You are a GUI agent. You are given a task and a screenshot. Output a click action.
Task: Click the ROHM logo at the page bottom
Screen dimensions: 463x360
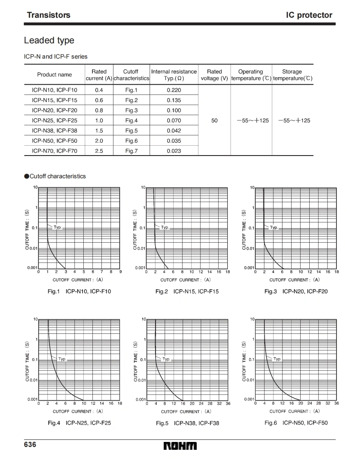[x=180, y=446]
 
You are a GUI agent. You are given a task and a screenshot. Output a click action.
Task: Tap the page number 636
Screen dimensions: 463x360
[x=30, y=444]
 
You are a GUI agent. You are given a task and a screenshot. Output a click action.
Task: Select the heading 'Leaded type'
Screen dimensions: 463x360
[x=49, y=40]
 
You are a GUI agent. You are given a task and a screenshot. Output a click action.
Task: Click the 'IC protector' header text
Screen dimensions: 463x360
[x=309, y=15]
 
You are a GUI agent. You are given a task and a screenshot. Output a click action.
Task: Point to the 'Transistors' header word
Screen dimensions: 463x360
[x=49, y=15]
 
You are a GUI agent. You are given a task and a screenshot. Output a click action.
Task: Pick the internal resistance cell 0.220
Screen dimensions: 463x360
[x=174, y=90]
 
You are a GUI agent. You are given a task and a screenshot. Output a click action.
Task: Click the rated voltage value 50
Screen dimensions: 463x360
[x=214, y=120]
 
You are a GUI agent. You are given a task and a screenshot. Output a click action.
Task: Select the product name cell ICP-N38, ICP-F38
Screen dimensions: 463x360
[x=54, y=130]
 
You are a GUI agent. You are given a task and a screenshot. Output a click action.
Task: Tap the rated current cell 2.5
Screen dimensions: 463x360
[x=99, y=151]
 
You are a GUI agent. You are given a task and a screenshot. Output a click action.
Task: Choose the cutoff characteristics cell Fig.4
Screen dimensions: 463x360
[x=131, y=120]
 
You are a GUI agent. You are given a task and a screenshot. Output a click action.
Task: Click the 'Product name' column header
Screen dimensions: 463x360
[x=54, y=75]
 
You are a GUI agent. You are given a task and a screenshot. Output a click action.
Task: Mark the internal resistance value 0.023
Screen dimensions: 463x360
[x=174, y=151]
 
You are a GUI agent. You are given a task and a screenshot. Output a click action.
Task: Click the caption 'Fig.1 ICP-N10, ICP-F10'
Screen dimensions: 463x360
[x=79, y=291]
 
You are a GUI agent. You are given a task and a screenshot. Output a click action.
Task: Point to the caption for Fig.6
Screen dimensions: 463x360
[x=296, y=423]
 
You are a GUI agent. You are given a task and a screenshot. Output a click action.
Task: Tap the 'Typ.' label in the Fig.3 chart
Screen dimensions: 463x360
[x=274, y=227]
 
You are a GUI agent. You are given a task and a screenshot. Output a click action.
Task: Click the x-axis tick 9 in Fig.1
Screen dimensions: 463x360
[x=120, y=272]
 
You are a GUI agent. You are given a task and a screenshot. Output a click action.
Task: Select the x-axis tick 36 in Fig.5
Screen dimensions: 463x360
[x=228, y=404]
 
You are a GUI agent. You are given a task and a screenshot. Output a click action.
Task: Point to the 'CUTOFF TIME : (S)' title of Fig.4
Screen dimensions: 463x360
[x=27, y=361]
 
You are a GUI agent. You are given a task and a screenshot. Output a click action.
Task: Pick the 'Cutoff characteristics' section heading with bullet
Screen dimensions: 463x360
[x=55, y=176]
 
